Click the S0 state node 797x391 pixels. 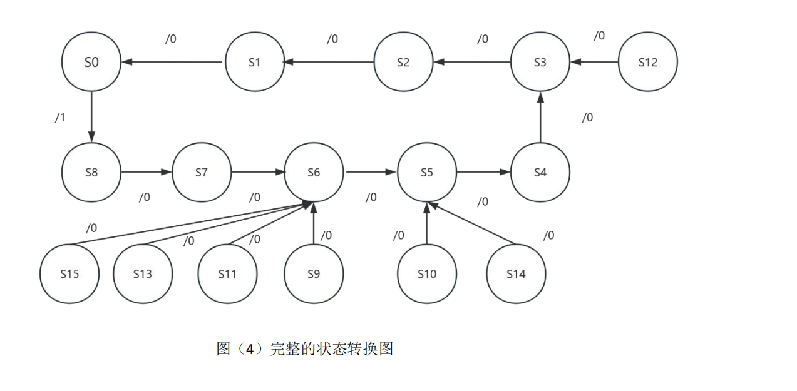click(91, 62)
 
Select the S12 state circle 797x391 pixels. click(647, 62)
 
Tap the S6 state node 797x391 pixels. click(314, 172)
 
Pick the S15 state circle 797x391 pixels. click(69, 273)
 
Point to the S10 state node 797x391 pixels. click(426, 273)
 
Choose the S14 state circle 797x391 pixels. click(516, 273)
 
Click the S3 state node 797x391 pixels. click(540, 62)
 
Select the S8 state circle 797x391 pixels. click(91, 172)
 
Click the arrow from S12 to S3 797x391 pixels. click(594, 62)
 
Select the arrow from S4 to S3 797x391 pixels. click(540, 117)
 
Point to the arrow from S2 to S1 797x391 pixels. click(329, 62)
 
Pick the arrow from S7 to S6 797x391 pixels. click(257, 172)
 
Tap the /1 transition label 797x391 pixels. click(60, 118)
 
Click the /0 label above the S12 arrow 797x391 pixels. click(599, 36)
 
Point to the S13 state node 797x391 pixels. click(143, 273)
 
